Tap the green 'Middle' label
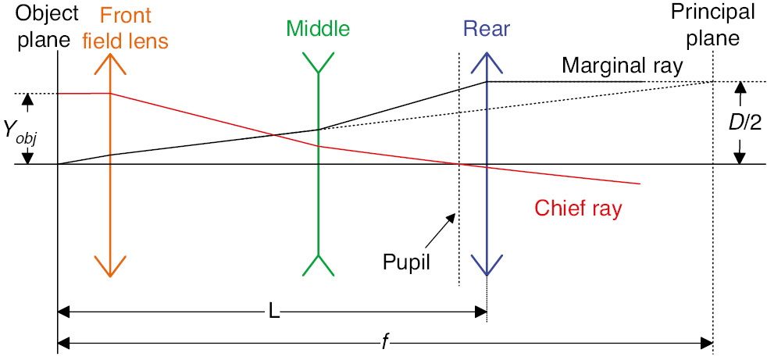(318, 29)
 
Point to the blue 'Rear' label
(486, 30)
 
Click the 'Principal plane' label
(715, 23)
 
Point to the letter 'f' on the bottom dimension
(385, 342)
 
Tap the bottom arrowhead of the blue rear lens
(487, 269)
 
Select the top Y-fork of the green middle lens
(318, 64)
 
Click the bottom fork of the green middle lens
(318, 265)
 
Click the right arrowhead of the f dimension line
(708, 342)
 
